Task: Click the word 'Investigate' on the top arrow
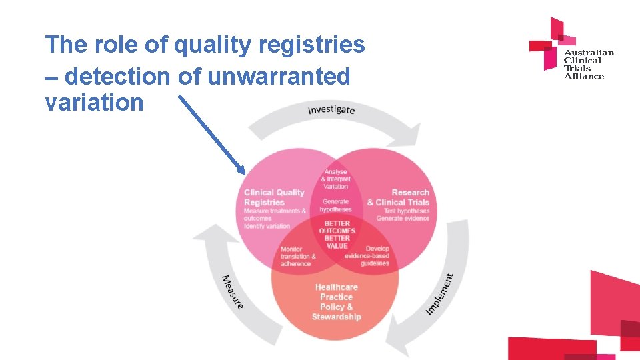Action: click(x=331, y=109)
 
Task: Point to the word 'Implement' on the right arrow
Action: click(x=440, y=293)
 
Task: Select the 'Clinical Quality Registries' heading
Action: click(x=274, y=197)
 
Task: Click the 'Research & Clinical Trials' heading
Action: click(x=398, y=197)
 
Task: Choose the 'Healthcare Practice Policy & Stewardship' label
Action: click(x=336, y=302)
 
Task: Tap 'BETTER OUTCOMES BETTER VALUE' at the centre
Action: click(x=337, y=235)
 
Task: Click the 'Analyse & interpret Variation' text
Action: click(x=335, y=179)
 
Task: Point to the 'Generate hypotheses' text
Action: click(x=335, y=205)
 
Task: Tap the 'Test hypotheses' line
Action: click(x=407, y=211)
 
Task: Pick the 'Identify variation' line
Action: click(x=267, y=226)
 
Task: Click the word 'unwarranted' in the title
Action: click(x=279, y=77)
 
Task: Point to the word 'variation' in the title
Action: click(x=94, y=103)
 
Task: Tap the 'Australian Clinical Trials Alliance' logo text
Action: click(x=588, y=64)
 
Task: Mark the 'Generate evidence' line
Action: click(x=403, y=219)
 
